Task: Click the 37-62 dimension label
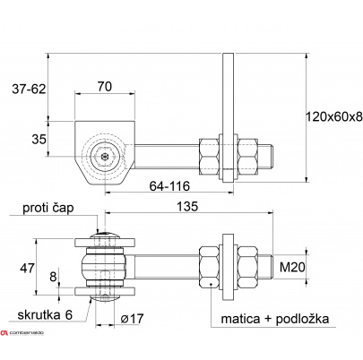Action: [29, 89]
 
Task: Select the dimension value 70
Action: [105, 86]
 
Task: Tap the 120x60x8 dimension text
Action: [334, 116]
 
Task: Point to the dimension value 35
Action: [39, 139]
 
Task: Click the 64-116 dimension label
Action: [169, 186]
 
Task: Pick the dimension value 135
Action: [187, 207]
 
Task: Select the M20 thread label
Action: [292, 267]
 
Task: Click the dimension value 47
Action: [27, 268]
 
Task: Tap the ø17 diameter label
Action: [132, 319]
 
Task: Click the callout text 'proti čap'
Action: [48, 209]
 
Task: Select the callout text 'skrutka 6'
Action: [45, 315]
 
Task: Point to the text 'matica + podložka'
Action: [275, 319]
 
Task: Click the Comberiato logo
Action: [22, 333]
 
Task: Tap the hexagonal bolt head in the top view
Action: [106, 156]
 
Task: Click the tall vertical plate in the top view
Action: [229, 117]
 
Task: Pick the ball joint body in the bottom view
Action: [105, 267]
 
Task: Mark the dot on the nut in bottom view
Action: [211, 284]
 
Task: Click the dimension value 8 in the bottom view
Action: [53, 277]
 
